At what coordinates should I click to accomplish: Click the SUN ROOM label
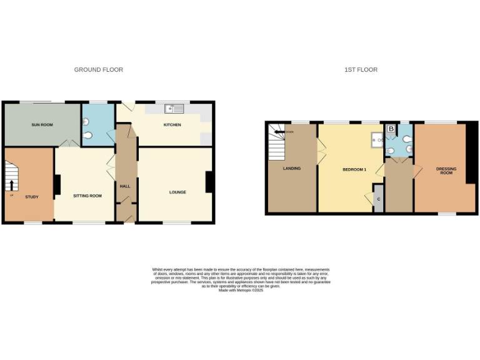coord(42,125)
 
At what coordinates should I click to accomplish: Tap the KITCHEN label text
coord(172,125)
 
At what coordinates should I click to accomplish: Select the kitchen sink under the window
coord(172,109)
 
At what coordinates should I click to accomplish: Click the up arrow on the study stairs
coord(11,184)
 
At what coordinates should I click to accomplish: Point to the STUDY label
coord(31,197)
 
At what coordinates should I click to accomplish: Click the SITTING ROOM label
coord(87,196)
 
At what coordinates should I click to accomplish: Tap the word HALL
coord(124,186)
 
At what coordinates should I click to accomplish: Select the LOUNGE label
coord(177,192)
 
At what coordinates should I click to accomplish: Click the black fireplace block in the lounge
coord(209,182)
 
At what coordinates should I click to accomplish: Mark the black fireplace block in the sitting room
coord(57,185)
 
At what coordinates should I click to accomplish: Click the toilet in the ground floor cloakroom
coord(87,136)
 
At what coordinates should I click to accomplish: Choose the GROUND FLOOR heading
coord(99,70)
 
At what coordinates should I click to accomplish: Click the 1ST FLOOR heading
coord(361,70)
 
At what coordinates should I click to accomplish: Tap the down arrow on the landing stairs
coord(279,132)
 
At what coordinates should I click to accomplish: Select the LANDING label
coord(291,168)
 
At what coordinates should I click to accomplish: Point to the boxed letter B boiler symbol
coord(391,129)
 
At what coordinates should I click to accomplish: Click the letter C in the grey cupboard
coord(378,199)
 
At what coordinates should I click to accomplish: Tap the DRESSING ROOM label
coord(446,170)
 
